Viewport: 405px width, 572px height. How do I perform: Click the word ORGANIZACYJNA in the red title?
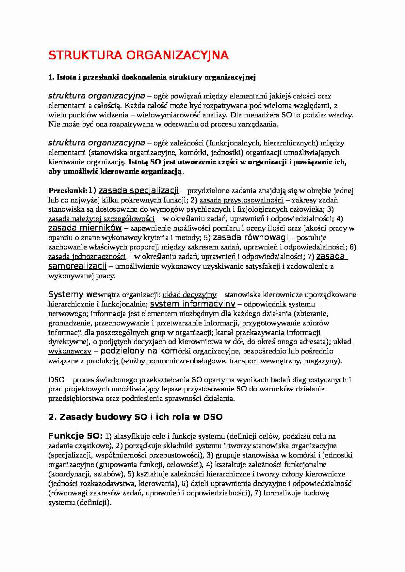177,55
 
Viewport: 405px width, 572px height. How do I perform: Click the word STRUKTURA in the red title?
86,55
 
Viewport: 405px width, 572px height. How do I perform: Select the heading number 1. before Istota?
51,77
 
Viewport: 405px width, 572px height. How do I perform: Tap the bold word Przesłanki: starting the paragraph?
68,191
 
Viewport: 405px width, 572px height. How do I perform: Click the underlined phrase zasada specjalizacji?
138,190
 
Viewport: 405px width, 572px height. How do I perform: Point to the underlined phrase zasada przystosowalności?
241,200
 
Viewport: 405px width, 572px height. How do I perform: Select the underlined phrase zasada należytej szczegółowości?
101,219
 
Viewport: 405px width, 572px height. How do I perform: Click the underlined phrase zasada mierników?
85,228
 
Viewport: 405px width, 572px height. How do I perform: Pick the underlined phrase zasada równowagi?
250,237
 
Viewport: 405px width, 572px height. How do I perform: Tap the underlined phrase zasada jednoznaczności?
87,257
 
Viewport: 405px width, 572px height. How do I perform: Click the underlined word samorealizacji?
77,266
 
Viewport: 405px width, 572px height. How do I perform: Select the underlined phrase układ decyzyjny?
189,295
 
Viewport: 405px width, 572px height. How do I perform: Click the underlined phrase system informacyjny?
192,304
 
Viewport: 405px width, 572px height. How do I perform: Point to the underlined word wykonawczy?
70,351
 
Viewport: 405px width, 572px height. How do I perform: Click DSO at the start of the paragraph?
56,380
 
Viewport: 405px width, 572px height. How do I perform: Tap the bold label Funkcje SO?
75,436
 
